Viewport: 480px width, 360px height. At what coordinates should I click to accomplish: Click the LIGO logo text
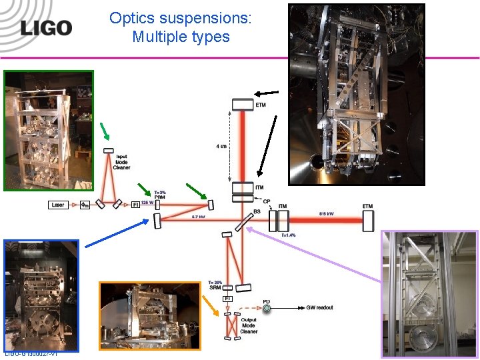45,27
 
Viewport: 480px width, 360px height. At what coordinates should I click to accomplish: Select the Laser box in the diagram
57,205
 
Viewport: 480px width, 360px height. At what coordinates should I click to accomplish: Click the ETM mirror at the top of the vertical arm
243,104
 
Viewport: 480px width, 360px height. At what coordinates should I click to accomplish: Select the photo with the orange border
150,316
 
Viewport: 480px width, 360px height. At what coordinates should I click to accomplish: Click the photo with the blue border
41,295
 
